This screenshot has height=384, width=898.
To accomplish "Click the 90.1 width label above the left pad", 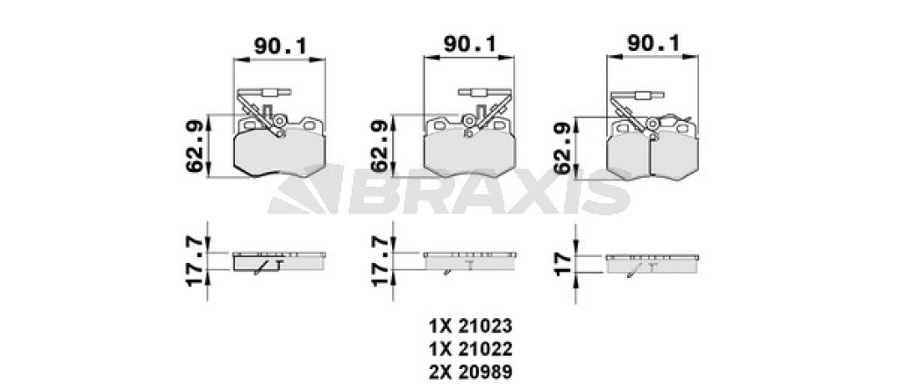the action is [281, 46].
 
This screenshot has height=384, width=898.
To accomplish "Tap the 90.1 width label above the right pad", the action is [653, 43].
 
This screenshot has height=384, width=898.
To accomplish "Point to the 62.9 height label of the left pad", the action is [195, 146].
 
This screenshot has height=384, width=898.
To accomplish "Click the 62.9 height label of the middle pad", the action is [380, 146].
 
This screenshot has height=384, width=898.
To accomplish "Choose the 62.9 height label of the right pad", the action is [564, 148].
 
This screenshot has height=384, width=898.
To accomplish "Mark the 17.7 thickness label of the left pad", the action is [195, 261].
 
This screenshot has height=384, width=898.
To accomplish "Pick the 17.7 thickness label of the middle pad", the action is [380, 261].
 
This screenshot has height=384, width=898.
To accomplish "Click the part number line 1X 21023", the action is [470, 326].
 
